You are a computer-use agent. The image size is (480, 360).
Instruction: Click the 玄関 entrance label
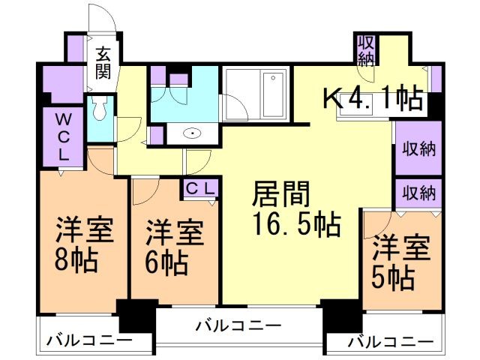pyautogui.click(x=103, y=64)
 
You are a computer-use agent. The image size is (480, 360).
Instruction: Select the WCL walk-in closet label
pyautogui.click(x=63, y=137)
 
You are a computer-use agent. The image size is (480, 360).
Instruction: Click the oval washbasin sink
pyautogui.click(x=193, y=134)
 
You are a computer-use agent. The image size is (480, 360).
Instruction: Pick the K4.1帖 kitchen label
pyautogui.click(x=373, y=98)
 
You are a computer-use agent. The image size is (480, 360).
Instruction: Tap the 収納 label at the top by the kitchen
pyautogui.click(x=366, y=49)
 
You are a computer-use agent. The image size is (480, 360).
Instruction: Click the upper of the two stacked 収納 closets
pyautogui.click(x=417, y=148)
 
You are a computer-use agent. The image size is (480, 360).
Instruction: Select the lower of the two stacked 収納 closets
pyautogui.click(x=417, y=192)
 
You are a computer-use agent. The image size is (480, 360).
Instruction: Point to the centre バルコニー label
pyautogui.click(x=238, y=327)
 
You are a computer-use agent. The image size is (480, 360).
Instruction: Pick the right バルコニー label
pyautogui.click(x=391, y=342)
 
